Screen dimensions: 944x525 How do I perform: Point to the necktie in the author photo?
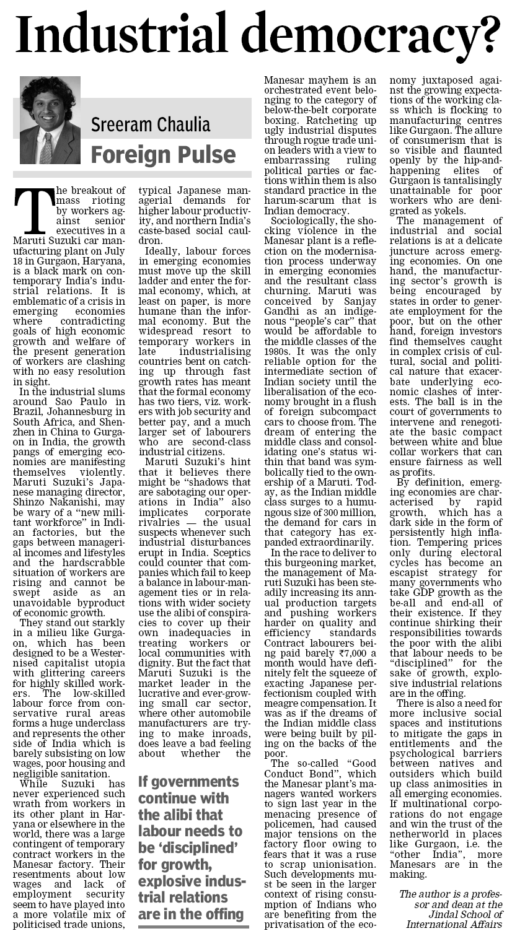coord(45,149)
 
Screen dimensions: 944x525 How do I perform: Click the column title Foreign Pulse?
coord(163,154)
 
